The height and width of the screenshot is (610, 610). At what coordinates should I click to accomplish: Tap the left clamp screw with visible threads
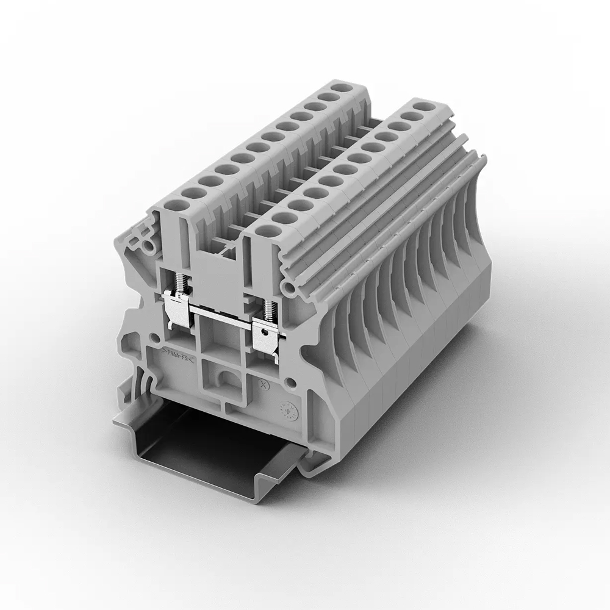tap(181, 282)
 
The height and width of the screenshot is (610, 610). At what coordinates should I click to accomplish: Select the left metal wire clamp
tap(177, 308)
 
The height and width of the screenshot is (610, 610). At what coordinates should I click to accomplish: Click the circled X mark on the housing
tap(264, 385)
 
